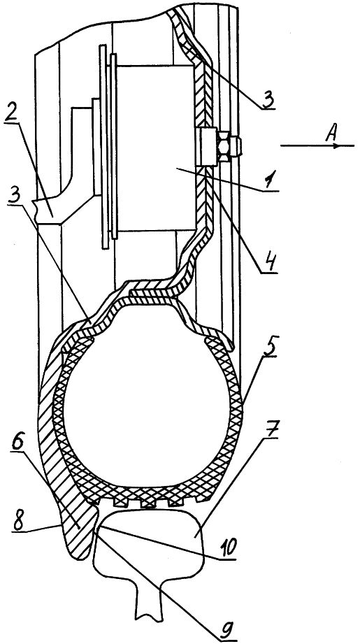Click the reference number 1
coord(269,180)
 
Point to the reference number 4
coord(268,263)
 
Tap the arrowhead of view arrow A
coord(338,145)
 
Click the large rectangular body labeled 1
coord(155,147)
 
